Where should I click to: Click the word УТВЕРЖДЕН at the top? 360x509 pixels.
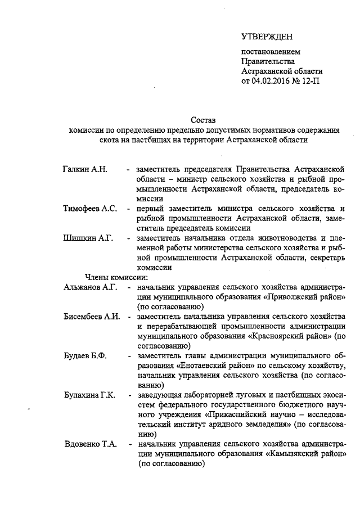pos(267,37)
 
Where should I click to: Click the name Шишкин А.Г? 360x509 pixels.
pos(88,238)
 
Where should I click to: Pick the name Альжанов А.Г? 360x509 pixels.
pos(90,287)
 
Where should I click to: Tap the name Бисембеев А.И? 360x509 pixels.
pos(92,317)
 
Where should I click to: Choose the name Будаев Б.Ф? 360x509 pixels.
pos(85,357)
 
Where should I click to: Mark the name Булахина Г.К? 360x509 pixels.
pos(90,395)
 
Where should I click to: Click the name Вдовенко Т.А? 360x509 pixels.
pos(90,444)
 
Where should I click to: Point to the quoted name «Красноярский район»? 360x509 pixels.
pos(289,336)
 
